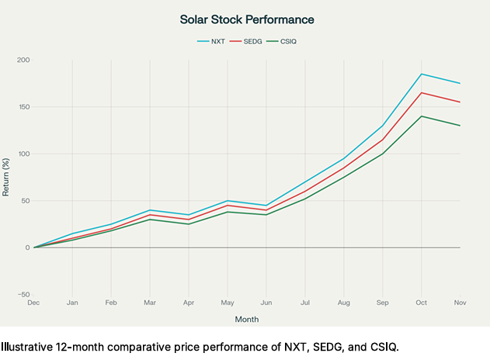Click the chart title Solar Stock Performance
point(246,19)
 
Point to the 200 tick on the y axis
point(23,60)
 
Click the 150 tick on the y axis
point(23,107)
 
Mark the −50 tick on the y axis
point(23,295)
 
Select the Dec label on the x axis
point(33,303)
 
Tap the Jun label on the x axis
point(266,303)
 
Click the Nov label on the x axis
point(460,303)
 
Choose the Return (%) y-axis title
point(6,177)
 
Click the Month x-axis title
point(247,319)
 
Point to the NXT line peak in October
point(422,74)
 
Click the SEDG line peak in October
point(422,93)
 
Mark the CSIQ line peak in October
point(422,116)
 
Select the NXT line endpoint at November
point(460,83)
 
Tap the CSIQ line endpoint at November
point(460,126)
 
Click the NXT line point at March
point(150,210)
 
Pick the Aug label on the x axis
point(344,303)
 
